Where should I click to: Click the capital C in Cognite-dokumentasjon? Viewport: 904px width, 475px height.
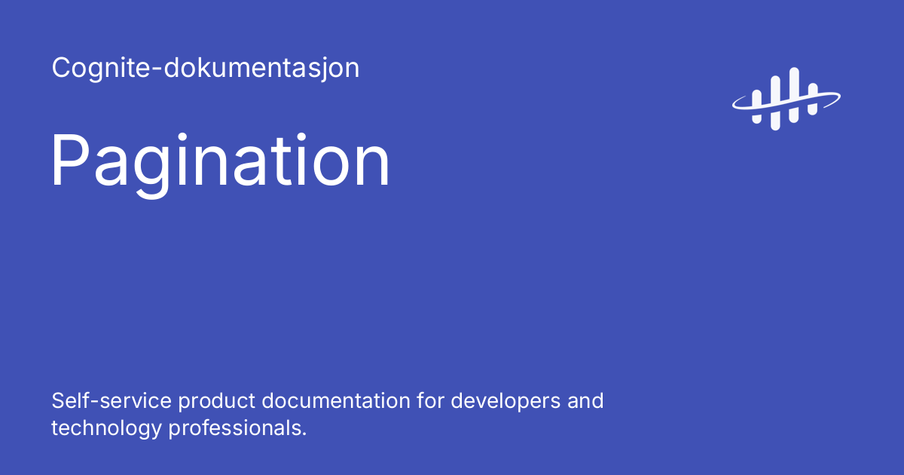pyautogui.click(x=61, y=69)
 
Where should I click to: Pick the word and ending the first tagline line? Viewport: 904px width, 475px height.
pyautogui.click(x=586, y=400)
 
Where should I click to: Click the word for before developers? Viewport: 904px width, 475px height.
pyautogui.click(x=432, y=400)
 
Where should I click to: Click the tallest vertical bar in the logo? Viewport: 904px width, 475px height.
pyautogui.click(x=793, y=95)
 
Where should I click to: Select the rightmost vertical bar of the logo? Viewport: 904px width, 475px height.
pyautogui.click(x=812, y=100)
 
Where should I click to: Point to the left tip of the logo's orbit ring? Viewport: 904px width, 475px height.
pyautogui.click(x=735, y=105)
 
